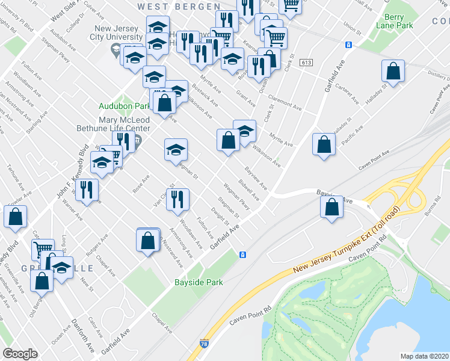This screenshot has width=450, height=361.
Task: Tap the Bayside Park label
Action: (x=199, y=282)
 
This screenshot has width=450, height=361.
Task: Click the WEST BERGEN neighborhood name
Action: (x=179, y=6)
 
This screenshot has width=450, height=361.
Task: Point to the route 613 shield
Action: (x=307, y=62)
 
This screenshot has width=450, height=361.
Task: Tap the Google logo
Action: (x=20, y=354)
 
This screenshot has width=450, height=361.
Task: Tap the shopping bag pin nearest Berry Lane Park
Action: (x=393, y=72)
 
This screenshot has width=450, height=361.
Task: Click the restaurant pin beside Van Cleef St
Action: (x=177, y=199)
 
